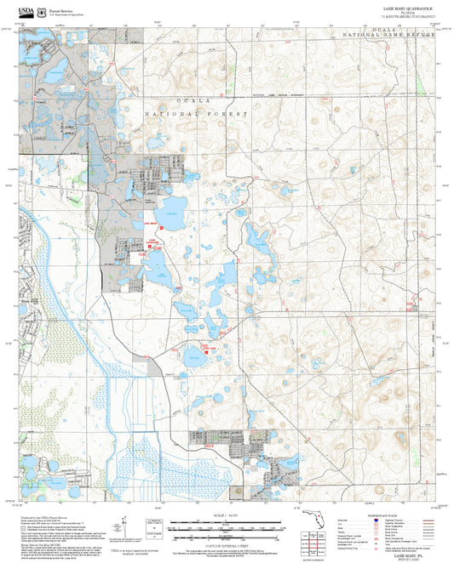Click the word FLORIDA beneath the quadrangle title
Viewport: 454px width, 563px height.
tap(408, 12)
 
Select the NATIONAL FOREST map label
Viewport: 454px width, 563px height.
tap(196, 113)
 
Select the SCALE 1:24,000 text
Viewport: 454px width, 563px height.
tap(226, 515)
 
